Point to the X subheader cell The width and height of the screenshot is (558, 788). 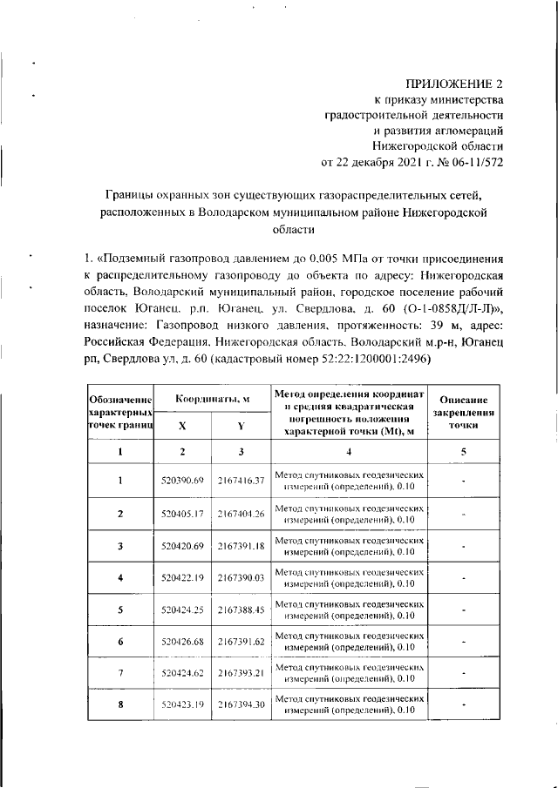[182, 427]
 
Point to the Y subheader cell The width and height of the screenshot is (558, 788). [241, 427]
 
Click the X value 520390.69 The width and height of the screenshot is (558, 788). [182, 481]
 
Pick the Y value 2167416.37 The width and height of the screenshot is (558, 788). [242, 481]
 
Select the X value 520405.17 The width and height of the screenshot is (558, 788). [182, 513]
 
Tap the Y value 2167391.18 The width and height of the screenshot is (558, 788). [242, 546]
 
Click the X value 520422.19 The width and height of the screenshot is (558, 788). [182, 578]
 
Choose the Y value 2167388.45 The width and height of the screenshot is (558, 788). [242, 610]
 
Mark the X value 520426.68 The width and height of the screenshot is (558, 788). [182, 642]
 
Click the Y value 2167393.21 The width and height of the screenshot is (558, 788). [242, 673]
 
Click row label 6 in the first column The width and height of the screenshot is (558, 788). [120, 642]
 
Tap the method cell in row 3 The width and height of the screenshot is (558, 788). [349, 546]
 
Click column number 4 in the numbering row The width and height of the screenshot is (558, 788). [349, 451]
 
